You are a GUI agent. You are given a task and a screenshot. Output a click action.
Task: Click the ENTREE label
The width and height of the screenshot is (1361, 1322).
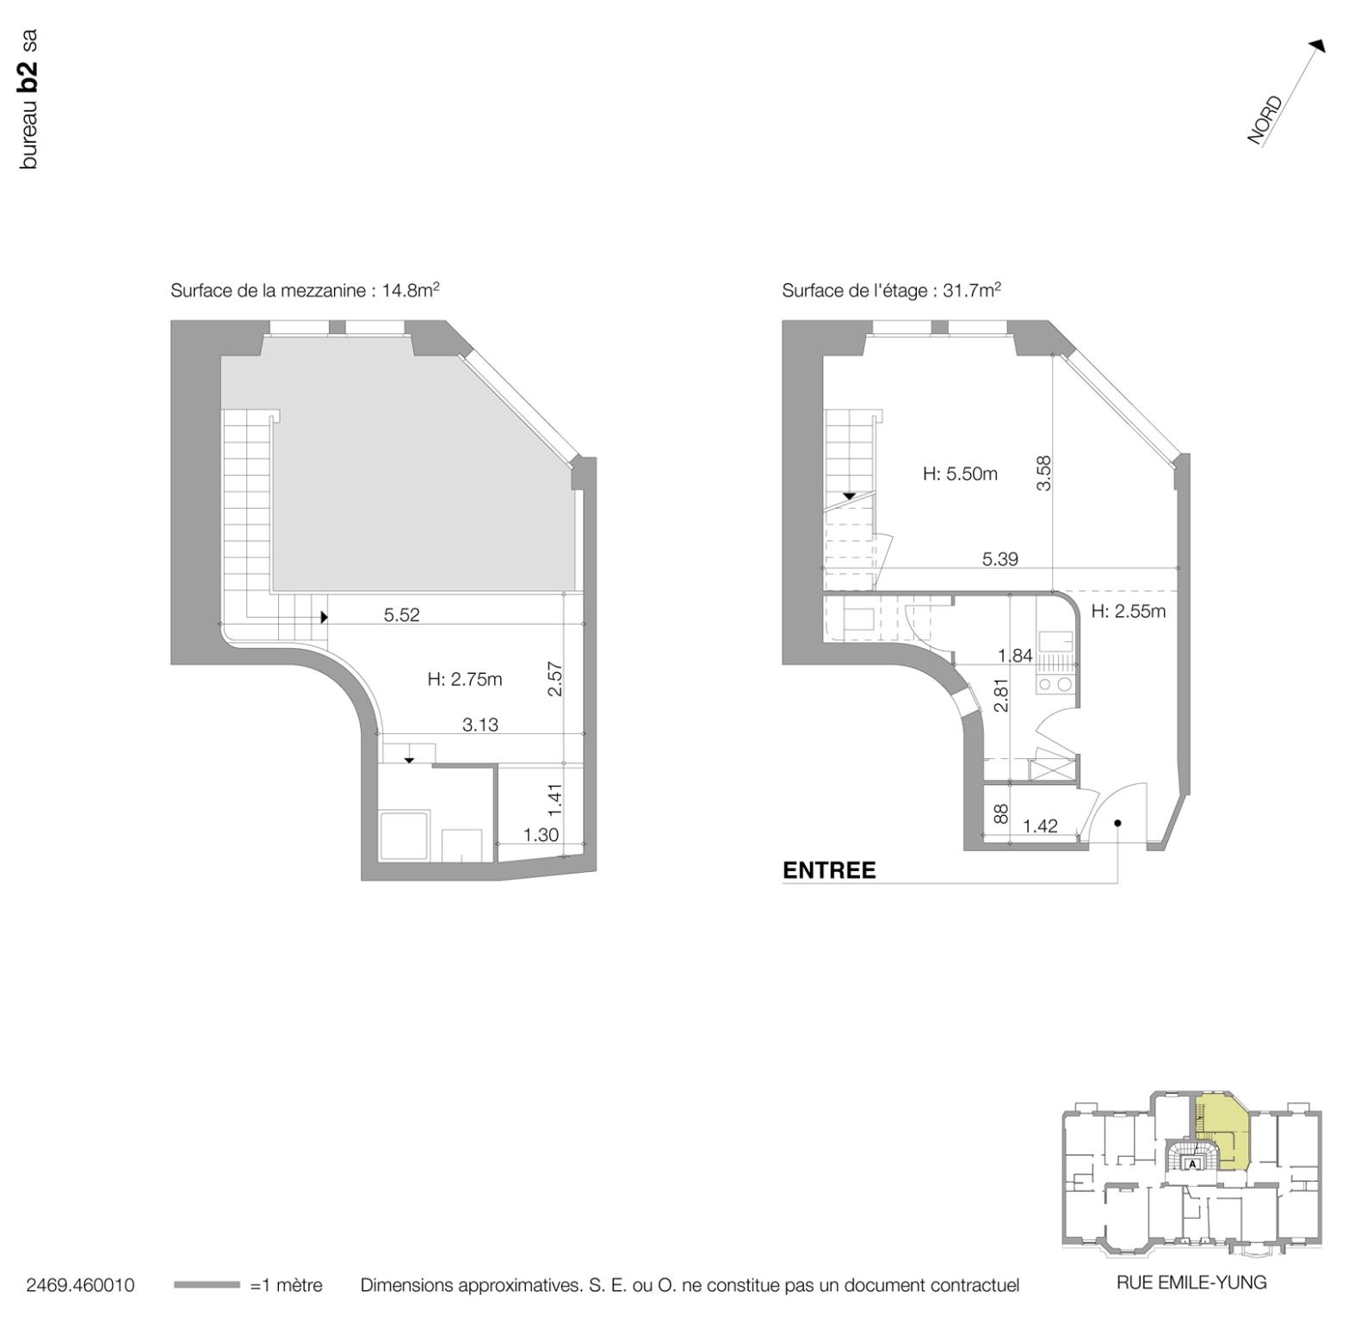[x=828, y=870]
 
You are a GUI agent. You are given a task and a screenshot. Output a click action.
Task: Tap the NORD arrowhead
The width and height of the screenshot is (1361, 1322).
[x=1317, y=46]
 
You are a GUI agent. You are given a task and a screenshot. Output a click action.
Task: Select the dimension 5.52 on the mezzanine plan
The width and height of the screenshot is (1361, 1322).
[x=401, y=615]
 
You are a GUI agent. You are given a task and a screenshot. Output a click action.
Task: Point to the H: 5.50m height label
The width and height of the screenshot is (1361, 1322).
[x=960, y=473]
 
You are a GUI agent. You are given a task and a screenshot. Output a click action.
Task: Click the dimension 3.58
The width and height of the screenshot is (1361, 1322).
[x=1044, y=473]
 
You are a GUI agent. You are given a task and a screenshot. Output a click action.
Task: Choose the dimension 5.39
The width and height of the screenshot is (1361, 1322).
[x=999, y=559]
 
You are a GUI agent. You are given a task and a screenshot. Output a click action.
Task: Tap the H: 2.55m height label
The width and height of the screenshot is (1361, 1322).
[x=1128, y=611]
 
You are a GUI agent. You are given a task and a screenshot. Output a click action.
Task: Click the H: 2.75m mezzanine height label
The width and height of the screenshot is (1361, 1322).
[x=464, y=679]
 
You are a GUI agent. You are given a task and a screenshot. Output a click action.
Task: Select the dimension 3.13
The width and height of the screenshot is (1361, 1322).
[x=479, y=725]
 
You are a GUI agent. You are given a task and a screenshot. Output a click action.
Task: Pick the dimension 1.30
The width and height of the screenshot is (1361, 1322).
[x=541, y=834]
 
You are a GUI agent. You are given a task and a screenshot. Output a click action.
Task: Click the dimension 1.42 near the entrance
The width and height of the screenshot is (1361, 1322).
[x=1040, y=826]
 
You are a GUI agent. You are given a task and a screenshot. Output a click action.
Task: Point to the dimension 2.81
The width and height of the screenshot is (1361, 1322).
[x=1001, y=695]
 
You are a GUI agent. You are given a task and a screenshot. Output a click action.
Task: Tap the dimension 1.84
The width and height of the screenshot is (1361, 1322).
[x=1015, y=656]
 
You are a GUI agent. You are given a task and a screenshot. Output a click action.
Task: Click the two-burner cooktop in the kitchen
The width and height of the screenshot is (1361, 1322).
[x=1055, y=685]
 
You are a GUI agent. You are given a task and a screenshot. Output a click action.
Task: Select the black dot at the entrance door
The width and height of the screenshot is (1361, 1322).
[x=1117, y=823]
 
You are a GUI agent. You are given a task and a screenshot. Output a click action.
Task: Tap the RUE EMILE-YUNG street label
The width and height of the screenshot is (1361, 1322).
[x=1191, y=1282]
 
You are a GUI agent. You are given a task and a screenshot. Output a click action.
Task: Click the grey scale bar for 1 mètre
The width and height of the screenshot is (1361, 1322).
[x=207, y=1285]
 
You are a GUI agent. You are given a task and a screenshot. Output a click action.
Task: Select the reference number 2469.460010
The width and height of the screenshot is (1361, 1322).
[x=80, y=1285]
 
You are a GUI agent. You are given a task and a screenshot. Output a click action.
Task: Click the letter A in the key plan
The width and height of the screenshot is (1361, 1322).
[x=1192, y=1164]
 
